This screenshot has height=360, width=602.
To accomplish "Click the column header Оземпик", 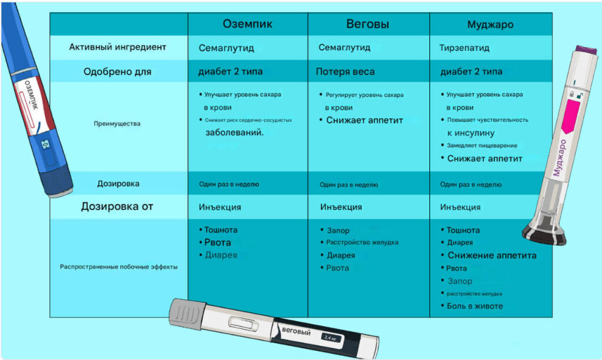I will click(x=248, y=24).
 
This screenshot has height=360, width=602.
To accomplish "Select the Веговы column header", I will click(x=367, y=24).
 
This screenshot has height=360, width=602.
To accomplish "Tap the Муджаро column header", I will click(x=490, y=25).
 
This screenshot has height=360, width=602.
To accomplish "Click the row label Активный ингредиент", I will click(x=118, y=47).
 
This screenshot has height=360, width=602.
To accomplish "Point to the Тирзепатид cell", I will click(x=464, y=48).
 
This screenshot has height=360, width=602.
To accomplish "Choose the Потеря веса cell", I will click(x=345, y=72).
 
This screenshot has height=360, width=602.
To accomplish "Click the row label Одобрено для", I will click(x=118, y=72).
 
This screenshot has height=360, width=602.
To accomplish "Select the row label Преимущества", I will click(x=118, y=124).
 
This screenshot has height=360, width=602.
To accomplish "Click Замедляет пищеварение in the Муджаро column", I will click(x=481, y=145).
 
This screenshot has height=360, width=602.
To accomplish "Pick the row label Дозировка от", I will click(x=117, y=206).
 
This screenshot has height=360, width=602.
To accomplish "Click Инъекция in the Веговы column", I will click(x=341, y=207).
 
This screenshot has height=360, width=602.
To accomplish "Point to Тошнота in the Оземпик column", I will click(x=220, y=230).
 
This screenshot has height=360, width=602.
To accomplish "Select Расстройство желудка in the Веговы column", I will click(x=363, y=242).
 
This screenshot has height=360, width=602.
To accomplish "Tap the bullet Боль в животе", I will click(x=475, y=306).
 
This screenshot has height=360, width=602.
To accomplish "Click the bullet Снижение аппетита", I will click(x=492, y=255).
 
